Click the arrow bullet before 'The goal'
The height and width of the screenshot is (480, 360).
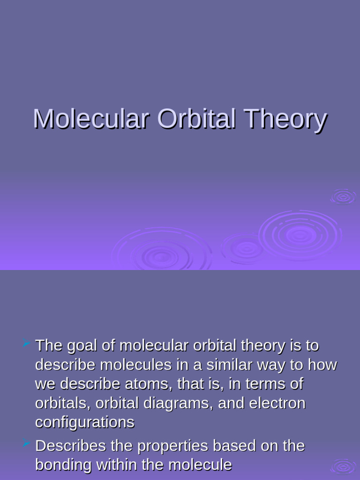click(x=26, y=345)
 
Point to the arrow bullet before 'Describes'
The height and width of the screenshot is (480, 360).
click(x=26, y=443)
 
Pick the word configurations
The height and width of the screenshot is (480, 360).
click(x=85, y=423)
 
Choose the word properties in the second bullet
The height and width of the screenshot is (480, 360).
click(x=168, y=446)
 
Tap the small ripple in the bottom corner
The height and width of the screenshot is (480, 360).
click(x=344, y=466)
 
